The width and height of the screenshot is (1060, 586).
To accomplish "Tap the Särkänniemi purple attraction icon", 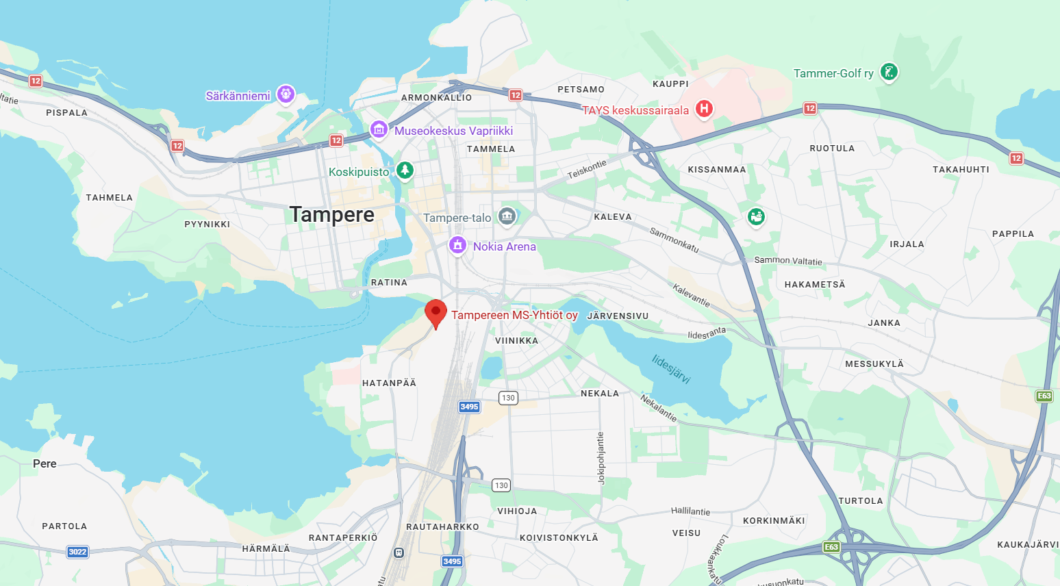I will (286, 94).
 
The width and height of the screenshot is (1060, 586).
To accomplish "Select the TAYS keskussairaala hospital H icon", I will (704, 109).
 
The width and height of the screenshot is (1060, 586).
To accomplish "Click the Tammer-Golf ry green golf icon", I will (889, 72).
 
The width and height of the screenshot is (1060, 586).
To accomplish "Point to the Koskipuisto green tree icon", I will (405, 170).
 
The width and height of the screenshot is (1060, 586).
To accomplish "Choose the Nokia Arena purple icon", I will (457, 245).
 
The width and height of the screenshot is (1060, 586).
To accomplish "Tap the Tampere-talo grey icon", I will (507, 216).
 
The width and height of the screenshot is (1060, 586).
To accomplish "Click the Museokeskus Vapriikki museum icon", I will (379, 129).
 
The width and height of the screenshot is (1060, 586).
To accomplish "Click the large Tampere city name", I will (332, 215).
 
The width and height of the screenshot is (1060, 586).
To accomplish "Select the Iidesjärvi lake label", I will (671, 369).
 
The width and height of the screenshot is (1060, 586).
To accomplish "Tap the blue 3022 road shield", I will (77, 552).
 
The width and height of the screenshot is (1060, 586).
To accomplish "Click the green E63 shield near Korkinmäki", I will (831, 547).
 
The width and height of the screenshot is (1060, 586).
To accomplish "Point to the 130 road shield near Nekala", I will (508, 398).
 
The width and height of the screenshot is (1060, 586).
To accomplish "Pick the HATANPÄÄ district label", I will (389, 383).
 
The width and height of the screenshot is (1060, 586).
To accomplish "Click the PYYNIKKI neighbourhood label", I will (207, 225).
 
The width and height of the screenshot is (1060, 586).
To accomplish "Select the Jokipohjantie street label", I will (601, 458).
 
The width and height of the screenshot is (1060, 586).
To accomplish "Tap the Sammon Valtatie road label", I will (788, 261).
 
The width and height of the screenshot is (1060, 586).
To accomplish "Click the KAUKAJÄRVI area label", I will (1028, 545).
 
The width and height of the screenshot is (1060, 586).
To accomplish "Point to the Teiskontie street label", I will (587, 169).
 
